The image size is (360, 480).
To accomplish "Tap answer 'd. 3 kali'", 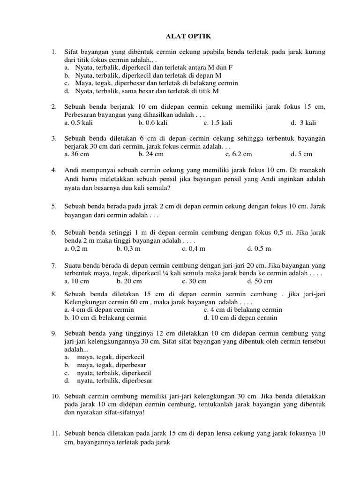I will (x=303, y=123).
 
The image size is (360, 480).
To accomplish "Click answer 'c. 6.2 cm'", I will (x=239, y=154).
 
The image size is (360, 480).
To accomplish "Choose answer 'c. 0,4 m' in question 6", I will (x=194, y=248).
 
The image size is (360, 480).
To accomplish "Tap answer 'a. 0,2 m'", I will (x=77, y=248).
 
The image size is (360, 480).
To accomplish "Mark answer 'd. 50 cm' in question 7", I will (x=259, y=281).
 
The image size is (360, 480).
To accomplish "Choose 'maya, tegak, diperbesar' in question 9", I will (x=112, y=365).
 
